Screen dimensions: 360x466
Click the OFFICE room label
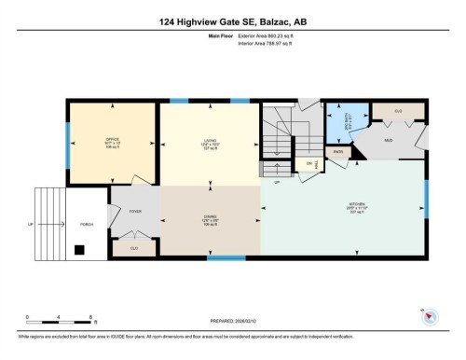point(113,140)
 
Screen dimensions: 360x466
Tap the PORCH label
point(86,225)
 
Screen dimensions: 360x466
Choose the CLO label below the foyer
point(134,248)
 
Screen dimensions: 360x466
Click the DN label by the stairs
point(308,164)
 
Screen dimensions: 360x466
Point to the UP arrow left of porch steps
point(31,225)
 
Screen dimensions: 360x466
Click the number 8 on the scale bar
point(89,318)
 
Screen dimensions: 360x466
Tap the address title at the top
point(232,21)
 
